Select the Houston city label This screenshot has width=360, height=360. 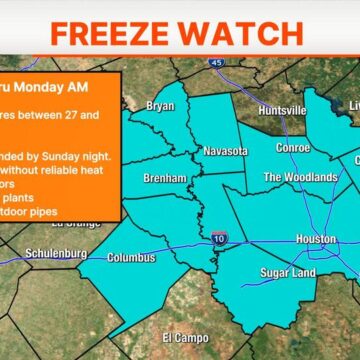point(317,239)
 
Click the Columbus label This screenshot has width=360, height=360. point(131,257)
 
